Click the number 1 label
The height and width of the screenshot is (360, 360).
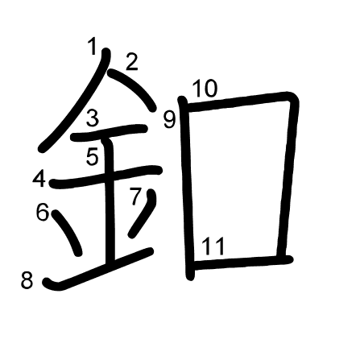[93, 46]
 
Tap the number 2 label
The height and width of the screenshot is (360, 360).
[132, 62]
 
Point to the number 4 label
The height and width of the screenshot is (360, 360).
[39, 179]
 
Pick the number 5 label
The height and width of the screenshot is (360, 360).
[93, 156]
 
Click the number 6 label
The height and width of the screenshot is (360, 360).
[43, 212]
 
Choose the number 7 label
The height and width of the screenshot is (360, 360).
[135, 197]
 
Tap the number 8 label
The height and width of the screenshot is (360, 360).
[27, 280]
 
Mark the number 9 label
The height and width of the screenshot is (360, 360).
[170, 120]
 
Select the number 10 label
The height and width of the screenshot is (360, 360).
[205, 89]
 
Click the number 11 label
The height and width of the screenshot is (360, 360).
[213, 246]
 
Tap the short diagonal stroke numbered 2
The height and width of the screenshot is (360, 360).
[132, 90]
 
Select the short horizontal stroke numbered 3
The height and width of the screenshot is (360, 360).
[109, 133]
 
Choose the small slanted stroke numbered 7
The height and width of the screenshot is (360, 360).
[143, 213]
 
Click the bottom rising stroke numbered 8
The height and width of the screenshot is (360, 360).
[98, 269]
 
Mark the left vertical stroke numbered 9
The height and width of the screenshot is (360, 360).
[186, 188]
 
